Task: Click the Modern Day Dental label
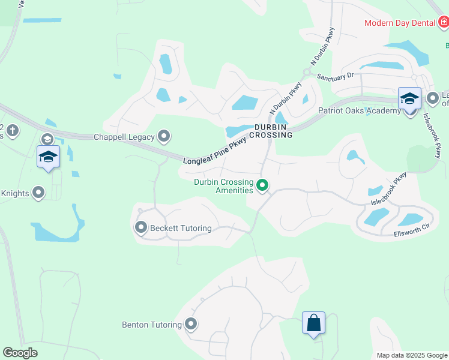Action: coord(400,23)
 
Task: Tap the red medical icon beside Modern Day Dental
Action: coord(444,23)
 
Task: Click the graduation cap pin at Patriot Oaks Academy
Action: coord(409,99)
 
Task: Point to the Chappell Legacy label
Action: coord(124,137)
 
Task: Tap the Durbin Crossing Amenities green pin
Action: coord(262,186)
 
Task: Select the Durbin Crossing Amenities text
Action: coord(223,186)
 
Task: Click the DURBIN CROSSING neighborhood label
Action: coord(273,131)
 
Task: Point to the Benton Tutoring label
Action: coord(152,325)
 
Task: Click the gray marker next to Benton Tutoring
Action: coord(191,325)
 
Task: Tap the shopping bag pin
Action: coord(313,323)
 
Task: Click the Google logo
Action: coord(20,353)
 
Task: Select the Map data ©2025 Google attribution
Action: coord(411,355)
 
